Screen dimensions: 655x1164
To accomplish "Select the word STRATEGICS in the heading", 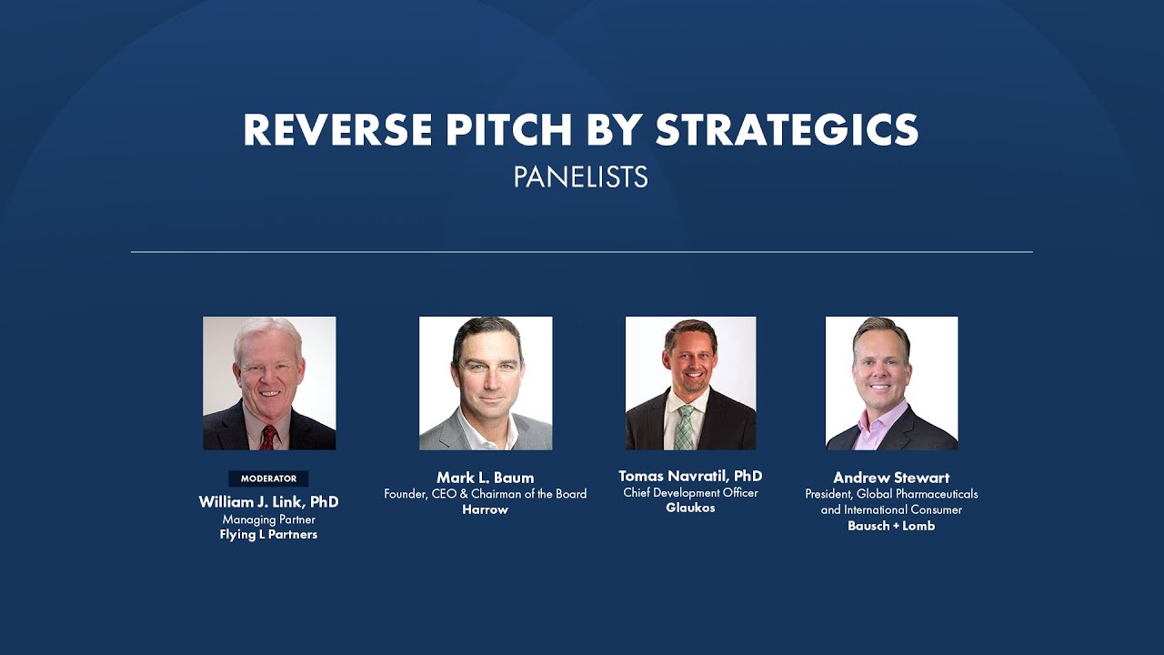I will (x=787, y=131).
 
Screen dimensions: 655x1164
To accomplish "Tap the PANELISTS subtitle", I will (x=580, y=177).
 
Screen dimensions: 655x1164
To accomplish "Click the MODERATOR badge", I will (x=268, y=479).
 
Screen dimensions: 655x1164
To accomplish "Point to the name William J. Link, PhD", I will (x=268, y=502).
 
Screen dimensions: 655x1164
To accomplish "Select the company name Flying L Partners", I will (x=268, y=535).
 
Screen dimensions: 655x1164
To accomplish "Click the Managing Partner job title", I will (x=268, y=519).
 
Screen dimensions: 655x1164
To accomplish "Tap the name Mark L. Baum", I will (x=485, y=478).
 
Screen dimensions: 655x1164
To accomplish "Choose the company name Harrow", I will (x=485, y=509).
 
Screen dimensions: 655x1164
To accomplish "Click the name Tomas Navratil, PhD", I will (x=690, y=476).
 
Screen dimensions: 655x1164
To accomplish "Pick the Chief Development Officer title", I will (x=690, y=493).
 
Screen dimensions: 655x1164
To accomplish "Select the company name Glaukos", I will (x=690, y=508).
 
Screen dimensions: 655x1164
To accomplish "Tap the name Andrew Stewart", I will (x=891, y=478).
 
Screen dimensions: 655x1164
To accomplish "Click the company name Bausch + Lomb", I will (x=891, y=526).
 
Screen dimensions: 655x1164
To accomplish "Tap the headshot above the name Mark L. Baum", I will (x=486, y=383).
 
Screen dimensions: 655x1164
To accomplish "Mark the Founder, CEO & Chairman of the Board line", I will (x=485, y=494).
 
